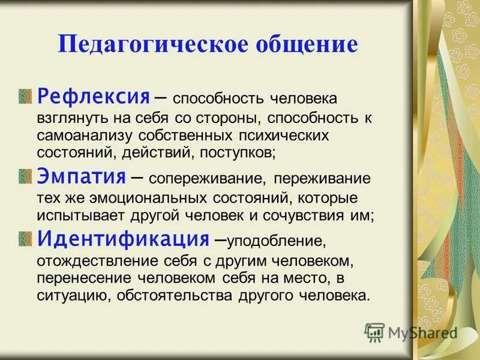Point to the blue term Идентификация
pos(123,239)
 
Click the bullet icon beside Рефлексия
pos(25,97)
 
